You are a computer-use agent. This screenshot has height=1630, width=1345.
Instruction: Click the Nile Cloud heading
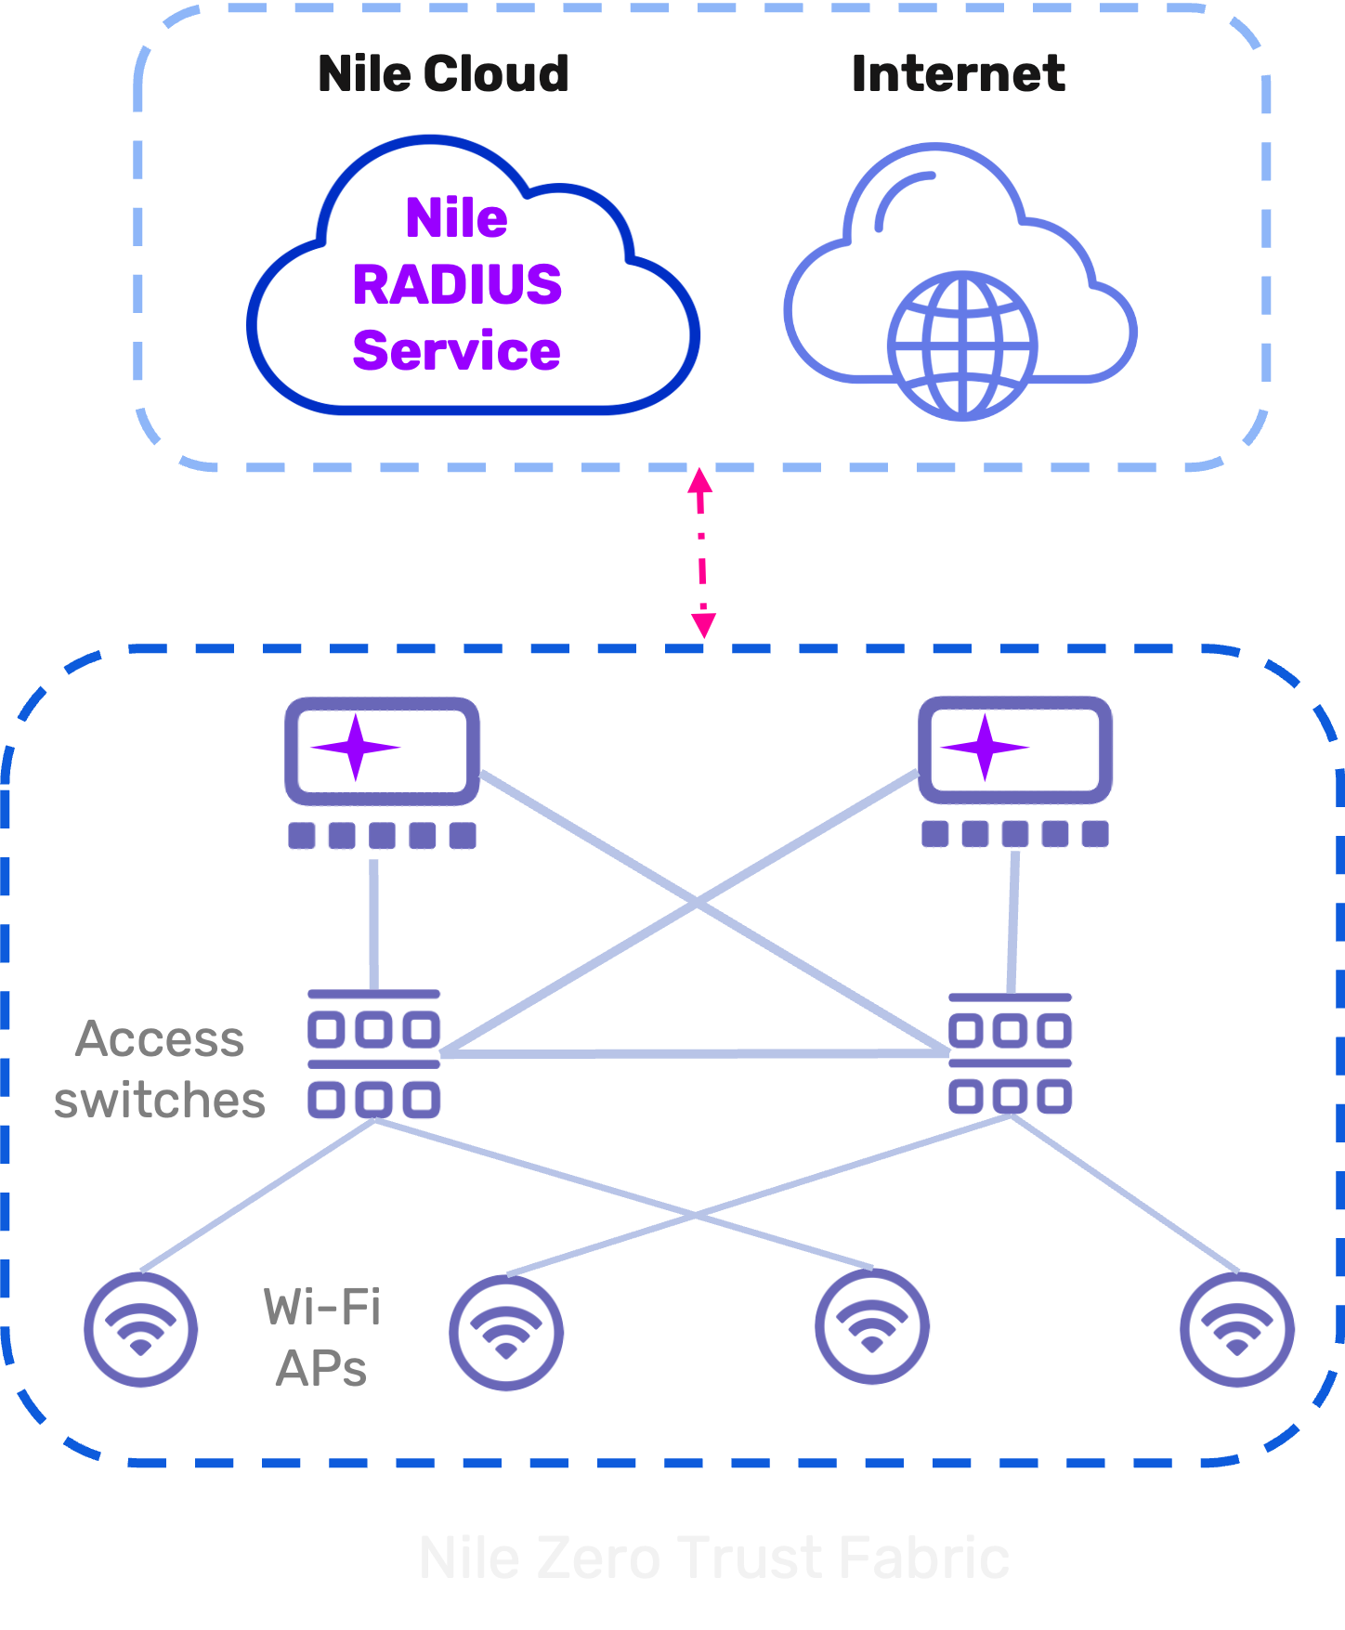pyautogui.click(x=443, y=74)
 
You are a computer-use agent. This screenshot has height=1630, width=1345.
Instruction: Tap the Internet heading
pyautogui.click(x=958, y=74)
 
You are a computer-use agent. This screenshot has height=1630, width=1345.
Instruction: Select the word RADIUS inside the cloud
pyautogui.click(x=457, y=284)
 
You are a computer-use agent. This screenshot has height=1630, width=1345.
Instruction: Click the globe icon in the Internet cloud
pyautogui.click(x=962, y=346)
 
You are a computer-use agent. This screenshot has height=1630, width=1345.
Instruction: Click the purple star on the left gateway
pyautogui.click(x=355, y=748)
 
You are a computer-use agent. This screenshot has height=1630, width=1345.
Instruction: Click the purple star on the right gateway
pyautogui.click(x=986, y=747)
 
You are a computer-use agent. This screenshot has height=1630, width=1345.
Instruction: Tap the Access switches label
pyautogui.click(x=160, y=1069)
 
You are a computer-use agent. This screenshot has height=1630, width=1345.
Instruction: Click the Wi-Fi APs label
pyautogui.click(x=321, y=1337)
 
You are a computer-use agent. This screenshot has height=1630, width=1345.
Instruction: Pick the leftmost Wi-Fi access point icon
pyautogui.click(x=140, y=1330)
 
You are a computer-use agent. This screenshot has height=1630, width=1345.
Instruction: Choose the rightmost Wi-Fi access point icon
pyautogui.click(x=1236, y=1330)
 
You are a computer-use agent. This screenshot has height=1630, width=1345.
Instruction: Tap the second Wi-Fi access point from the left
pyautogui.click(x=506, y=1333)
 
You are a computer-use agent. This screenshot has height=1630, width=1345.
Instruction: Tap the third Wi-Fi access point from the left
pyautogui.click(x=871, y=1326)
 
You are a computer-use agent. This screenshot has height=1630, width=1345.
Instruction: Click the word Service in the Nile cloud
pyautogui.click(x=457, y=351)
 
